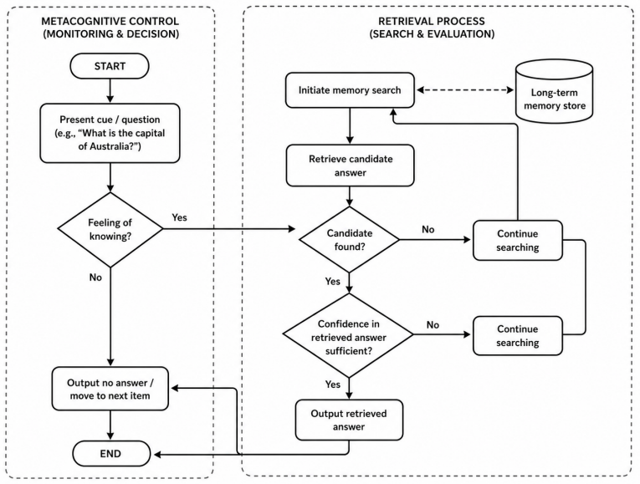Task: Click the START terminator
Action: click(x=110, y=66)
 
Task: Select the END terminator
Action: click(x=111, y=453)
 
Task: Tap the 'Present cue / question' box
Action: click(x=110, y=133)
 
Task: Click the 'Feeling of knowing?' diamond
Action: click(x=110, y=230)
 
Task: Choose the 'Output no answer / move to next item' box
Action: click(x=110, y=389)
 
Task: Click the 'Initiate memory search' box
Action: click(x=350, y=90)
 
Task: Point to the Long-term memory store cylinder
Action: click(x=555, y=91)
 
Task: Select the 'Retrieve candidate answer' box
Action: click(x=351, y=166)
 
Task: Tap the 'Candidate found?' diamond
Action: click(x=350, y=240)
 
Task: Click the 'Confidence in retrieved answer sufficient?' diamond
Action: click(x=349, y=335)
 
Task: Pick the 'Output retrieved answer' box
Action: click(x=349, y=420)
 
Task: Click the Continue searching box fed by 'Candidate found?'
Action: click(x=518, y=241)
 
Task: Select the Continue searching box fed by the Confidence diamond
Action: click(x=518, y=335)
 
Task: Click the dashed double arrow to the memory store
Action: click(x=465, y=90)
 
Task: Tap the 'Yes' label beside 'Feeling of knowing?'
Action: click(x=180, y=217)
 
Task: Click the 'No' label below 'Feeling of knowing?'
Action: click(x=95, y=278)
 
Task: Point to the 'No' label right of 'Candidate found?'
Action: click(x=428, y=230)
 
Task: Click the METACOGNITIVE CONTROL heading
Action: click(x=110, y=28)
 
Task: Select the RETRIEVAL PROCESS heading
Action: click(x=432, y=28)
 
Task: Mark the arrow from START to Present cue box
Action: click(x=110, y=91)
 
